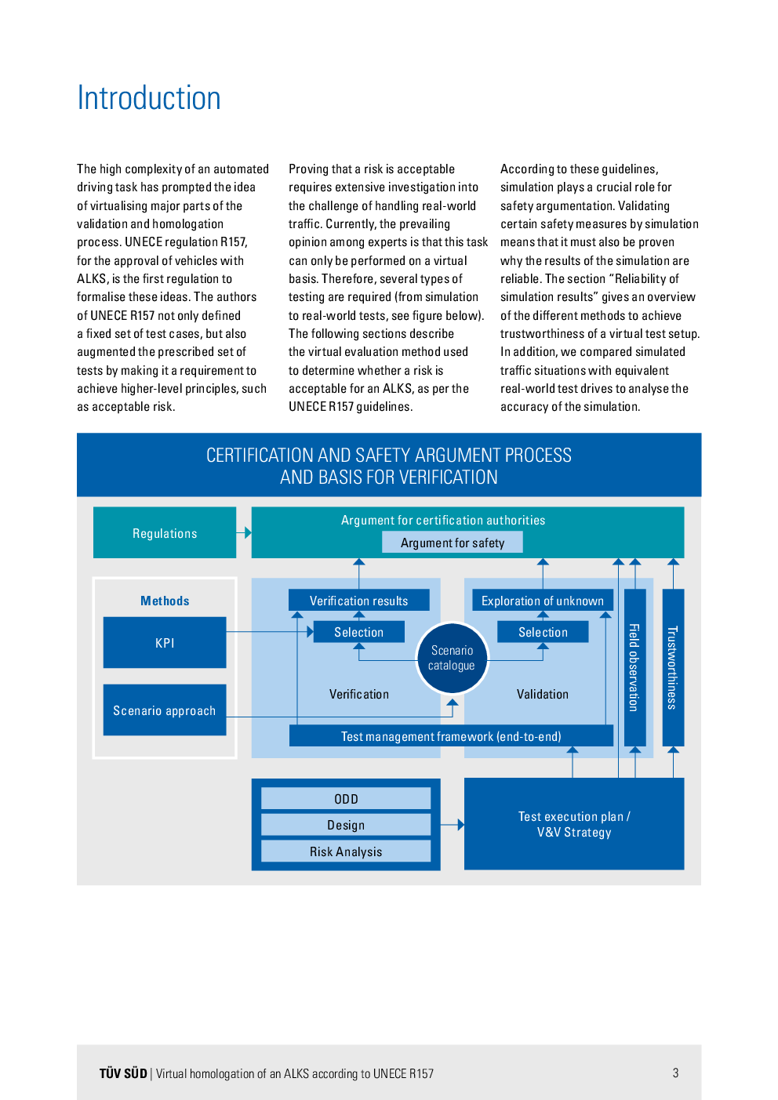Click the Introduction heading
click(x=149, y=98)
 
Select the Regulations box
click(x=165, y=533)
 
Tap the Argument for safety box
click(x=453, y=543)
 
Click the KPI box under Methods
click(x=165, y=643)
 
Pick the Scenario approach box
click(x=165, y=710)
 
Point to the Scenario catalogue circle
click(x=453, y=658)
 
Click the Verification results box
click(x=359, y=600)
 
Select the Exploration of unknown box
click(x=543, y=600)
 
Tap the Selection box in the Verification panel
click(x=359, y=632)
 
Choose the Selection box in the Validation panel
click(x=543, y=632)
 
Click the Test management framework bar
click(x=452, y=736)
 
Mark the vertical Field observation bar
click(x=635, y=668)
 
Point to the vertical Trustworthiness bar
click(x=674, y=668)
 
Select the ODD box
click(x=346, y=798)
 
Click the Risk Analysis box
click(x=346, y=851)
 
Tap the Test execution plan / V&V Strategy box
click(x=574, y=824)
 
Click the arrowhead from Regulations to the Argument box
click(x=248, y=533)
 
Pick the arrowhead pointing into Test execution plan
click(x=460, y=825)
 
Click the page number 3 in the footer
click(x=675, y=1073)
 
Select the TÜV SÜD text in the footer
click(x=123, y=1073)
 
